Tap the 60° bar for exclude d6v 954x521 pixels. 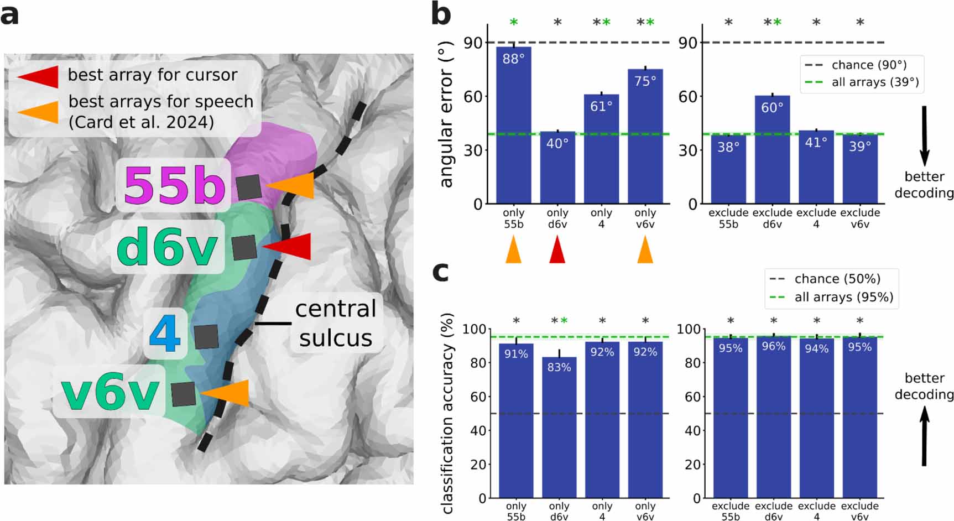tap(772, 149)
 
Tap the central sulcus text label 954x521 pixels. tap(335, 324)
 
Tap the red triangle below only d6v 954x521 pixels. tap(557, 251)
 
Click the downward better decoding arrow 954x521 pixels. tap(924, 136)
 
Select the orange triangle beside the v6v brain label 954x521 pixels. tap(227, 393)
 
